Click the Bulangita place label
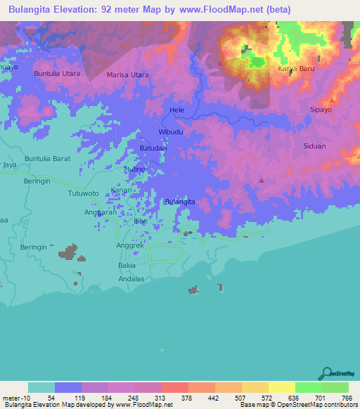click(x=179, y=202)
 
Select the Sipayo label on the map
click(x=321, y=110)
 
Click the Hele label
click(x=176, y=111)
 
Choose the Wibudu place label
click(x=170, y=132)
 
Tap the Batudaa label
click(x=153, y=148)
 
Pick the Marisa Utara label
click(x=127, y=74)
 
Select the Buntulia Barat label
click(x=48, y=159)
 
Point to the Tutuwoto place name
click(x=84, y=193)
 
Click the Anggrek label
click(x=129, y=246)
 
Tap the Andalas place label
click(x=130, y=279)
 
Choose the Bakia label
click(x=127, y=267)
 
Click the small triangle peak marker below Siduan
click(x=262, y=181)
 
